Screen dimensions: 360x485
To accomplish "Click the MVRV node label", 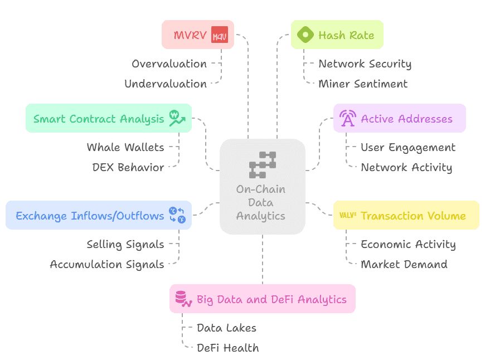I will point(190,35).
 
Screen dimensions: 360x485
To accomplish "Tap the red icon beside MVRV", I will point(220,35).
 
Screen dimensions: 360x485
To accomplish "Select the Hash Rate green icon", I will point(305,35).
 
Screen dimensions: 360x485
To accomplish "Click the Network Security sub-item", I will point(365,64).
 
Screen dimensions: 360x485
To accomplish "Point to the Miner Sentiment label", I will point(362,84).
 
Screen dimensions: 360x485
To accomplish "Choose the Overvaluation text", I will point(169,64).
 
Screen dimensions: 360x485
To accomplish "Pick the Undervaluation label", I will point(166,84).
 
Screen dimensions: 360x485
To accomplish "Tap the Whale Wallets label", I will point(125,147).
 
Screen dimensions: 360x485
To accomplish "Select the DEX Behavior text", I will point(128,167).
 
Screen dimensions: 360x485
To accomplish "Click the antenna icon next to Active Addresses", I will point(347,118).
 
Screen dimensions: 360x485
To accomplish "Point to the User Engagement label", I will point(408,147).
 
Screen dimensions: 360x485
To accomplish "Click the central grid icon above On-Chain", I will point(262,164).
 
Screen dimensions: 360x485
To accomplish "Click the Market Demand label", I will point(404,264).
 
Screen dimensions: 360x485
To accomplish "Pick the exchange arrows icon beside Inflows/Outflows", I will point(177,215).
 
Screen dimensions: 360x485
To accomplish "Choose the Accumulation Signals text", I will point(107,264).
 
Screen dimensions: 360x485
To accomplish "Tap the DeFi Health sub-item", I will point(227,348).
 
